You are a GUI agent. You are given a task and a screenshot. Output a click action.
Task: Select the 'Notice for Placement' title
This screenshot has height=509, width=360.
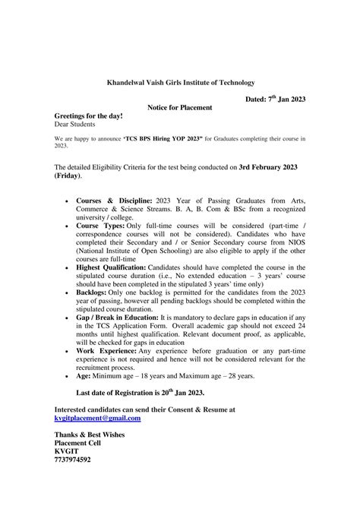coord(179,108)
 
